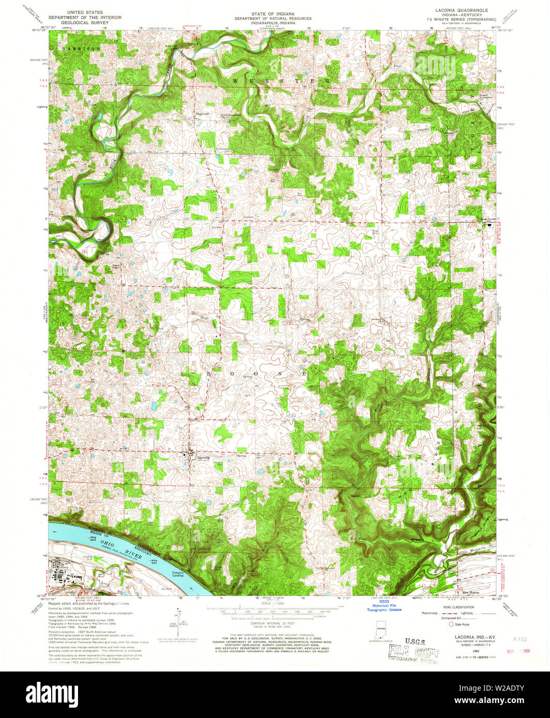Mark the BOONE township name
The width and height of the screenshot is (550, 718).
click(x=258, y=373)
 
